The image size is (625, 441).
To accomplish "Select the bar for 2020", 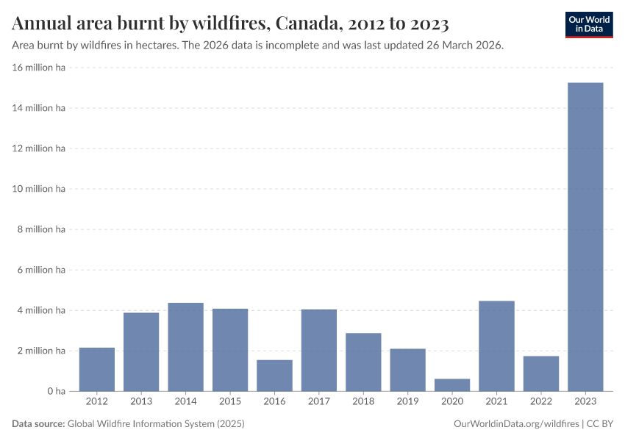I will (x=452, y=384).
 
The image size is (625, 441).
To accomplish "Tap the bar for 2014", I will (x=185, y=346).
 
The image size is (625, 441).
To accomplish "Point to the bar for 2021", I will (x=496, y=345).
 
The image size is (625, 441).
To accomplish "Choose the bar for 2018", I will (x=363, y=362).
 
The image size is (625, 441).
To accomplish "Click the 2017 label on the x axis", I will (x=319, y=401).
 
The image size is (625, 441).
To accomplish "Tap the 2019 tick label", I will (x=408, y=401).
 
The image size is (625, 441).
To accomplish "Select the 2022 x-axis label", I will (x=541, y=401).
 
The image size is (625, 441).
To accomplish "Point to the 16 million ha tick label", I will (x=38, y=68).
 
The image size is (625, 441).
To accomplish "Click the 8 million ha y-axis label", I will (x=40, y=229).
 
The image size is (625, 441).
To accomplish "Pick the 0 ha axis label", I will (x=56, y=391).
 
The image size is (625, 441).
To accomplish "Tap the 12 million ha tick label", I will (x=38, y=148).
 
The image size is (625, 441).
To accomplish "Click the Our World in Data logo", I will (x=589, y=24).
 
